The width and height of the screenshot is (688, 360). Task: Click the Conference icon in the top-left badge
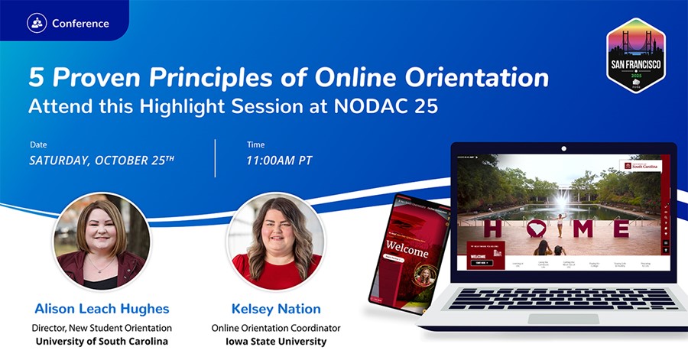pyautogui.click(x=37, y=23)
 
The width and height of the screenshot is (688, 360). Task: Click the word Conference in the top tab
pyautogui.click(x=80, y=23)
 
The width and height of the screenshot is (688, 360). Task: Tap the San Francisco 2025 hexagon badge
pyautogui.click(x=635, y=55)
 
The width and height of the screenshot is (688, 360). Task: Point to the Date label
pyautogui.click(x=38, y=144)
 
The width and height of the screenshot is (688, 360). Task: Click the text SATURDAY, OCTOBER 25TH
pyautogui.click(x=102, y=161)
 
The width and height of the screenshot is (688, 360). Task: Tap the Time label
pyautogui.click(x=255, y=144)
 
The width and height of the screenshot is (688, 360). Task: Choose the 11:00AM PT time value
pyautogui.click(x=279, y=161)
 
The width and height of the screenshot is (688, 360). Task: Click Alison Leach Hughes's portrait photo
pyautogui.click(x=101, y=242)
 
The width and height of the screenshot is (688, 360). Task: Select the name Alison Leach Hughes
pyautogui.click(x=102, y=309)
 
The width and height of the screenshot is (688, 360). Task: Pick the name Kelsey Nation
pyautogui.click(x=276, y=309)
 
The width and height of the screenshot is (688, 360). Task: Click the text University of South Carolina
pyautogui.click(x=102, y=341)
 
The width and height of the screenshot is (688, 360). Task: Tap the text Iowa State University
pyautogui.click(x=276, y=341)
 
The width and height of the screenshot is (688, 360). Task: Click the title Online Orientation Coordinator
pyautogui.click(x=276, y=328)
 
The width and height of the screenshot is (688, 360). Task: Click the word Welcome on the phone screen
pyautogui.click(x=407, y=247)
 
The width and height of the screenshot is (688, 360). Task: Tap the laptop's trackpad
pyautogui.click(x=563, y=318)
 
